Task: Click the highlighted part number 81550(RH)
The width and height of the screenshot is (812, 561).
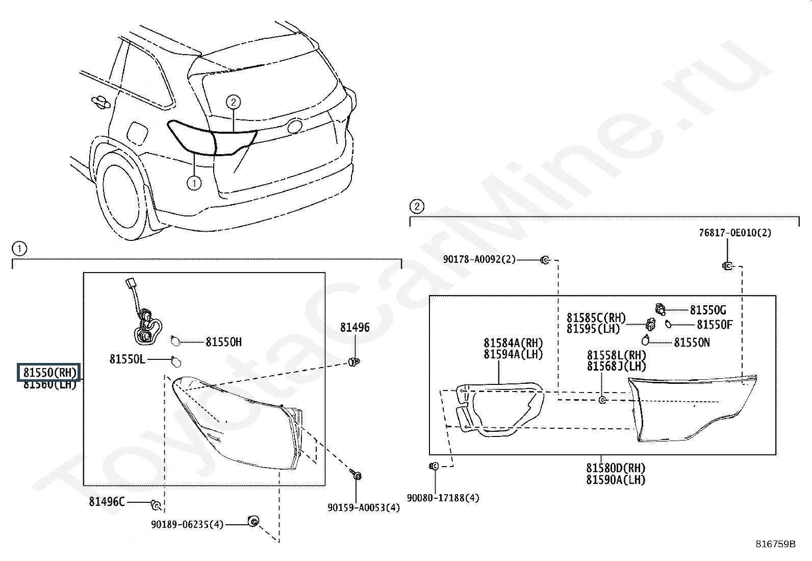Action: coord(49,373)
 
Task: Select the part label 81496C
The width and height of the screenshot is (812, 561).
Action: coord(107,502)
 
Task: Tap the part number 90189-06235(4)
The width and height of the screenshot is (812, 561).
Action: coord(187,524)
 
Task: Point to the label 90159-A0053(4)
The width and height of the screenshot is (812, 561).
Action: coord(364,507)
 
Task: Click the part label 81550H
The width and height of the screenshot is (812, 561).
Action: coord(223,342)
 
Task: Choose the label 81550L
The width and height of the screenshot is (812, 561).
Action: coord(127,359)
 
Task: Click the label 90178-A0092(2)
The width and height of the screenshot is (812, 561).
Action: coord(479,259)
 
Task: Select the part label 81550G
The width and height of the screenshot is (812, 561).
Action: coord(708,310)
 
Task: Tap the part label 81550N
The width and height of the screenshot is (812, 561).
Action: coord(692,343)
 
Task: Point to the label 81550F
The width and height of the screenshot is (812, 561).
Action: coord(715,325)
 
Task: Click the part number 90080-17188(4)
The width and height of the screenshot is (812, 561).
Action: coord(443,498)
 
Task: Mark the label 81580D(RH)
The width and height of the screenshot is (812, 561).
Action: coord(616,468)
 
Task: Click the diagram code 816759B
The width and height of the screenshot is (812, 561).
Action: coord(775,544)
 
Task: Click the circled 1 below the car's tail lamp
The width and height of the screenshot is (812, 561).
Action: coord(194,183)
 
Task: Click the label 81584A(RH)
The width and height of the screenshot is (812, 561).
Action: coord(513,343)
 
